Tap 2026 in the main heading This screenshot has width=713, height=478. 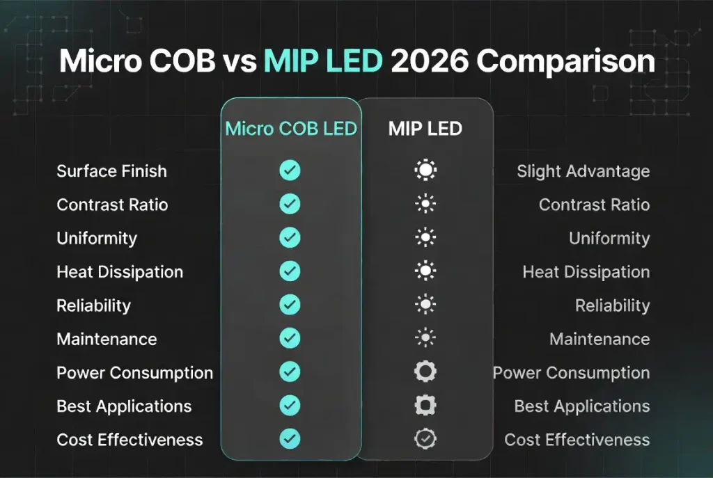tap(429, 61)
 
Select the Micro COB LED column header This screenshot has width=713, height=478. tap(291, 129)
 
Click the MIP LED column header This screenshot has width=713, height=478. tap(425, 129)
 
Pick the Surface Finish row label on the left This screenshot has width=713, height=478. tap(111, 171)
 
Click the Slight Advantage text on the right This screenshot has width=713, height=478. tap(583, 171)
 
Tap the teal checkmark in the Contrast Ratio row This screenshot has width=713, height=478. tap(290, 205)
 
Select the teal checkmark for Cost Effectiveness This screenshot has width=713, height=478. tap(290, 439)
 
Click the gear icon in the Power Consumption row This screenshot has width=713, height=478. tap(425, 372)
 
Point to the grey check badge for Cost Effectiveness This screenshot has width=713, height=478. tap(425, 439)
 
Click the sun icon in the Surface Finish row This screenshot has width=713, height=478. tap(425, 171)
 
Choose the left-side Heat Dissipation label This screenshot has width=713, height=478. tap(120, 272)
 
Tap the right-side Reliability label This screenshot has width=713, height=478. tap(612, 305)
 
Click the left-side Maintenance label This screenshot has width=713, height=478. tap(107, 339)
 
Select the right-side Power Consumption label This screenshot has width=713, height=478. tap(571, 372)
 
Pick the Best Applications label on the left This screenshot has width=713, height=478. tap(124, 406)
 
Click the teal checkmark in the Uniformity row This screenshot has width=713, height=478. tap(290, 238)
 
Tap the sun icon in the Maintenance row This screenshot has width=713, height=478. tap(425, 339)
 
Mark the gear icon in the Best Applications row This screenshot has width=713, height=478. tap(425, 406)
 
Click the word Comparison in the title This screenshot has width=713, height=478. tap(565, 61)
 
